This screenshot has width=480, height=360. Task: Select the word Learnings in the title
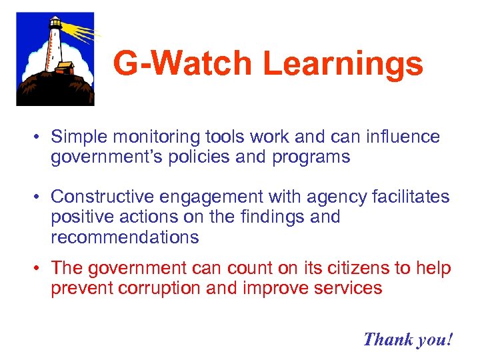click(343, 65)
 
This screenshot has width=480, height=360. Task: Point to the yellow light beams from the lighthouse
click(83, 31)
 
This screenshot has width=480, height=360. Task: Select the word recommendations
click(125, 237)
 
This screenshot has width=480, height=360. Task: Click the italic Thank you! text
click(408, 339)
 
